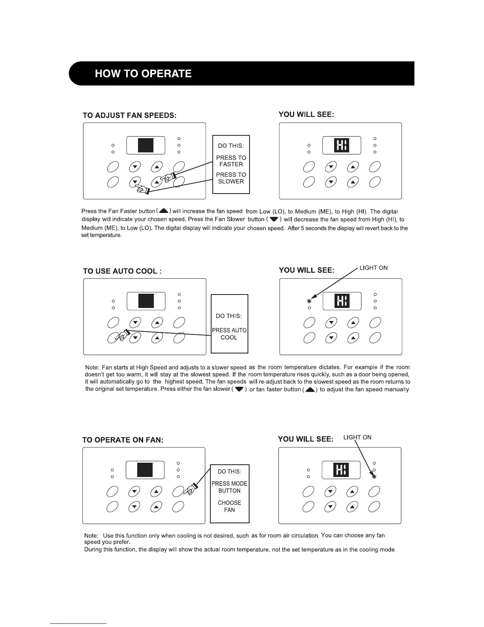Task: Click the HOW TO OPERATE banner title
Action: click(143, 74)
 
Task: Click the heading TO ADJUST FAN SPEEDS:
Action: click(129, 115)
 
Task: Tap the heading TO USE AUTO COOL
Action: click(122, 271)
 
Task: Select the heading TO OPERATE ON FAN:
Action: click(123, 440)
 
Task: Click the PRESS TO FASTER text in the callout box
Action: click(231, 161)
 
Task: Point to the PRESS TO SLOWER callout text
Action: click(231, 178)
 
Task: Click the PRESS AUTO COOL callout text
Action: click(229, 334)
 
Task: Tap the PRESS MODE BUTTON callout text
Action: click(229, 487)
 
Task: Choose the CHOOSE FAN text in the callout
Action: click(229, 506)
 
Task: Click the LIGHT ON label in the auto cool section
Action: click(373, 268)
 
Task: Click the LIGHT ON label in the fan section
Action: click(357, 437)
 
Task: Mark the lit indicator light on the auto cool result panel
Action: click(309, 301)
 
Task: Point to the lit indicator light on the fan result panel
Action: click(374, 477)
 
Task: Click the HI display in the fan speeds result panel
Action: click(342, 145)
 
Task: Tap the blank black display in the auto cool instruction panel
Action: click(146, 301)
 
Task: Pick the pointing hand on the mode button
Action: click(192, 489)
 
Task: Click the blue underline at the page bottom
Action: click(78, 623)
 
